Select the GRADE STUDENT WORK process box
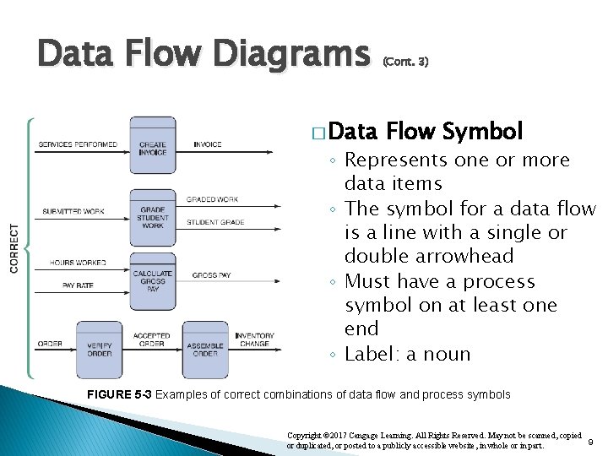tap(153, 218)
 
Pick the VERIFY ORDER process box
tap(99, 345)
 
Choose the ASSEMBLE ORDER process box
tap(205, 345)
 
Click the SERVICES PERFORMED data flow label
tap(78, 144)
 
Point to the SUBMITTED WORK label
tap(73, 210)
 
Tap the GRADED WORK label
tap(212, 199)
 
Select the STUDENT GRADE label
tap(215, 222)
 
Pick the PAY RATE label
tap(78, 285)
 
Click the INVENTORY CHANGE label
tap(254, 339)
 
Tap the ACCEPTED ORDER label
tap(152, 339)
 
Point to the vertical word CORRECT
tap(14, 247)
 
